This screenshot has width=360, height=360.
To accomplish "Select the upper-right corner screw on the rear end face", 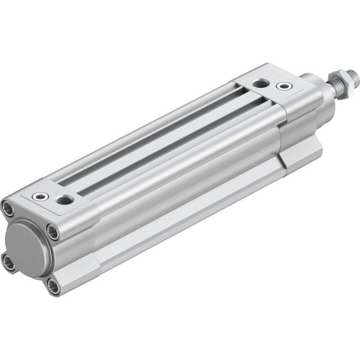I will (53, 231).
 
